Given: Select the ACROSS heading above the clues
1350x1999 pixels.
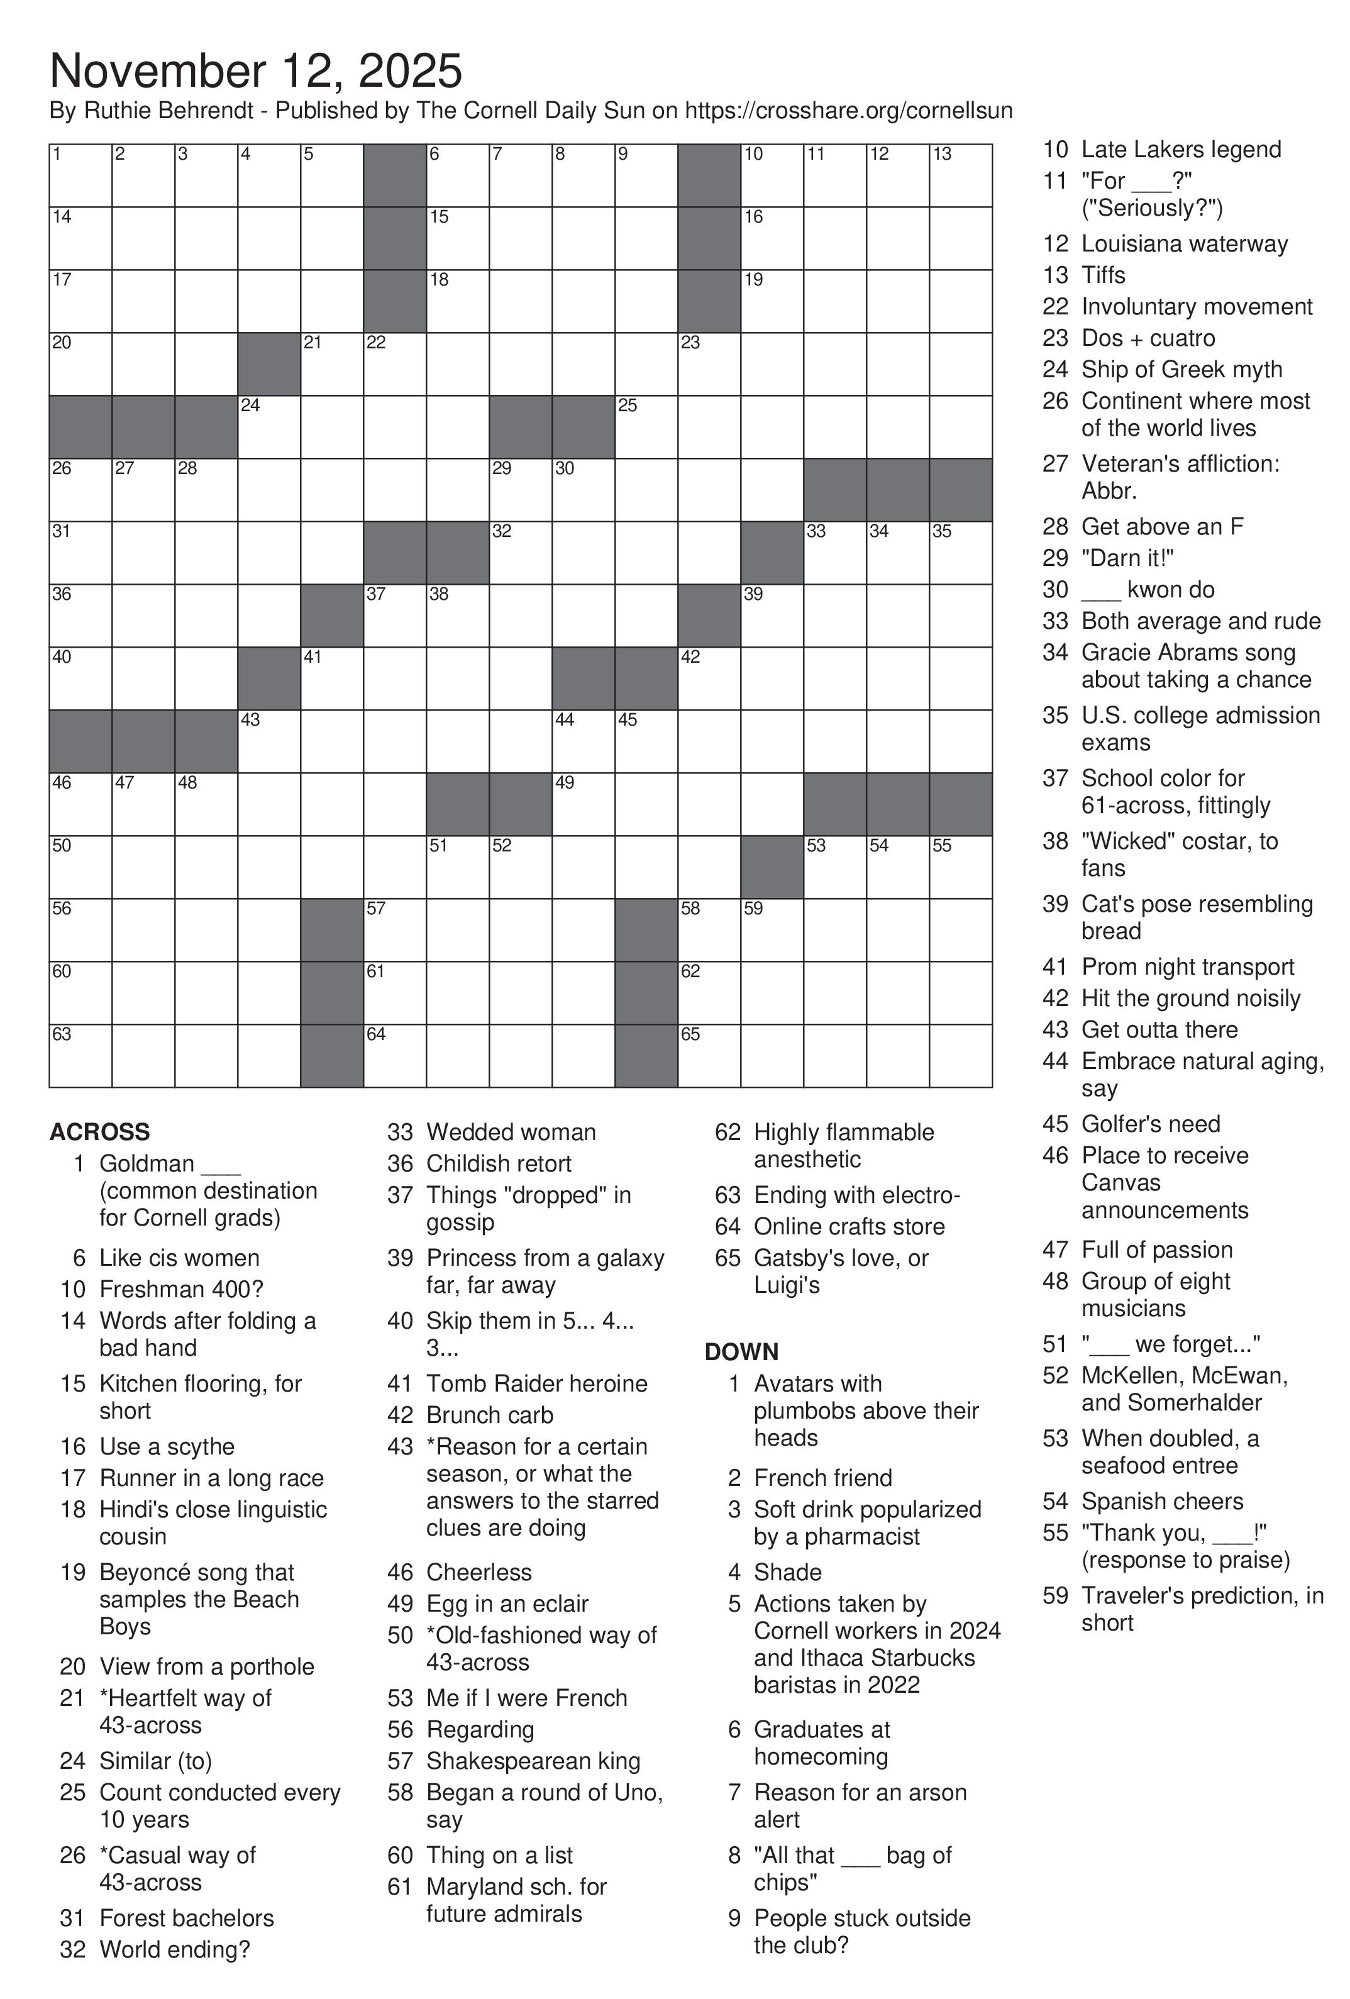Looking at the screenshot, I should (x=100, y=1132).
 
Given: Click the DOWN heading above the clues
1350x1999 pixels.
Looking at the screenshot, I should (x=741, y=1352).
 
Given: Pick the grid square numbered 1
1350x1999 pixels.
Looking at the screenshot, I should (x=80, y=175).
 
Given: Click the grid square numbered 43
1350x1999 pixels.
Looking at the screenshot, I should (x=269, y=741).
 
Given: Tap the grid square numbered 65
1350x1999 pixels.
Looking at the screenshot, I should (x=709, y=1055).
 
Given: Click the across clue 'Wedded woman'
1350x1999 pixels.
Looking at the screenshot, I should (x=511, y=1132).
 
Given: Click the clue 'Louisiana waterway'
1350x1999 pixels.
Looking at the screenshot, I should (x=1184, y=244).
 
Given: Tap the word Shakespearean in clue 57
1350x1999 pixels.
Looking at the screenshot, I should (x=499, y=1761).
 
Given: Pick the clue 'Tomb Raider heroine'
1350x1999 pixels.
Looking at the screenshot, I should (x=536, y=1384).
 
